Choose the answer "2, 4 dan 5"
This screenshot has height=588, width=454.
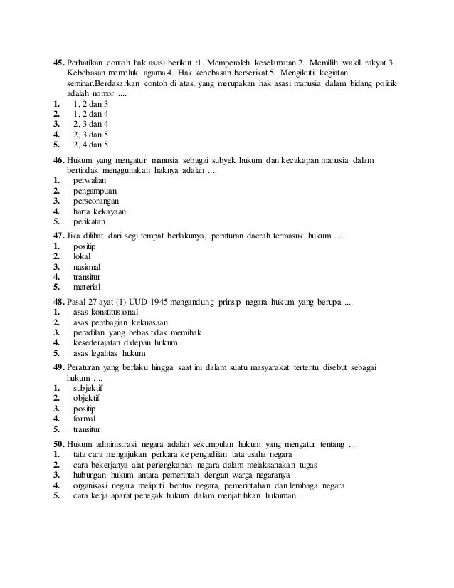[90, 144]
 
